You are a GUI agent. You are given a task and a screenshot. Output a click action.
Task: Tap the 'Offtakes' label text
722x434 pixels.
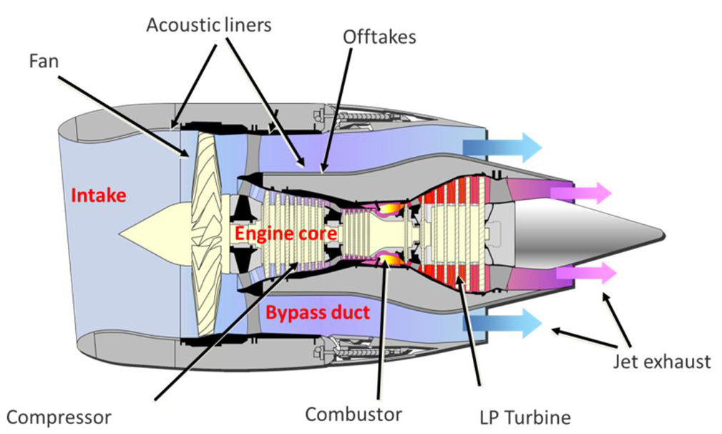pyautogui.click(x=379, y=37)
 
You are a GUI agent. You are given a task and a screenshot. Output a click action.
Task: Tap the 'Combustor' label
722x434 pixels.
pyautogui.click(x=353, y=413)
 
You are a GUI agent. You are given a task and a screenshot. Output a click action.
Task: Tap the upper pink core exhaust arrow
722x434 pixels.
pyautogui.click(x=586, y=193)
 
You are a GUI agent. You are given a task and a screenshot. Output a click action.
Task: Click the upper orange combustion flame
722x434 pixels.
pyautogui.click(x=387, y=208)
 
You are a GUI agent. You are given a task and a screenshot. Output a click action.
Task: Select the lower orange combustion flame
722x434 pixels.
pyautogui.click(x=387, y=259)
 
